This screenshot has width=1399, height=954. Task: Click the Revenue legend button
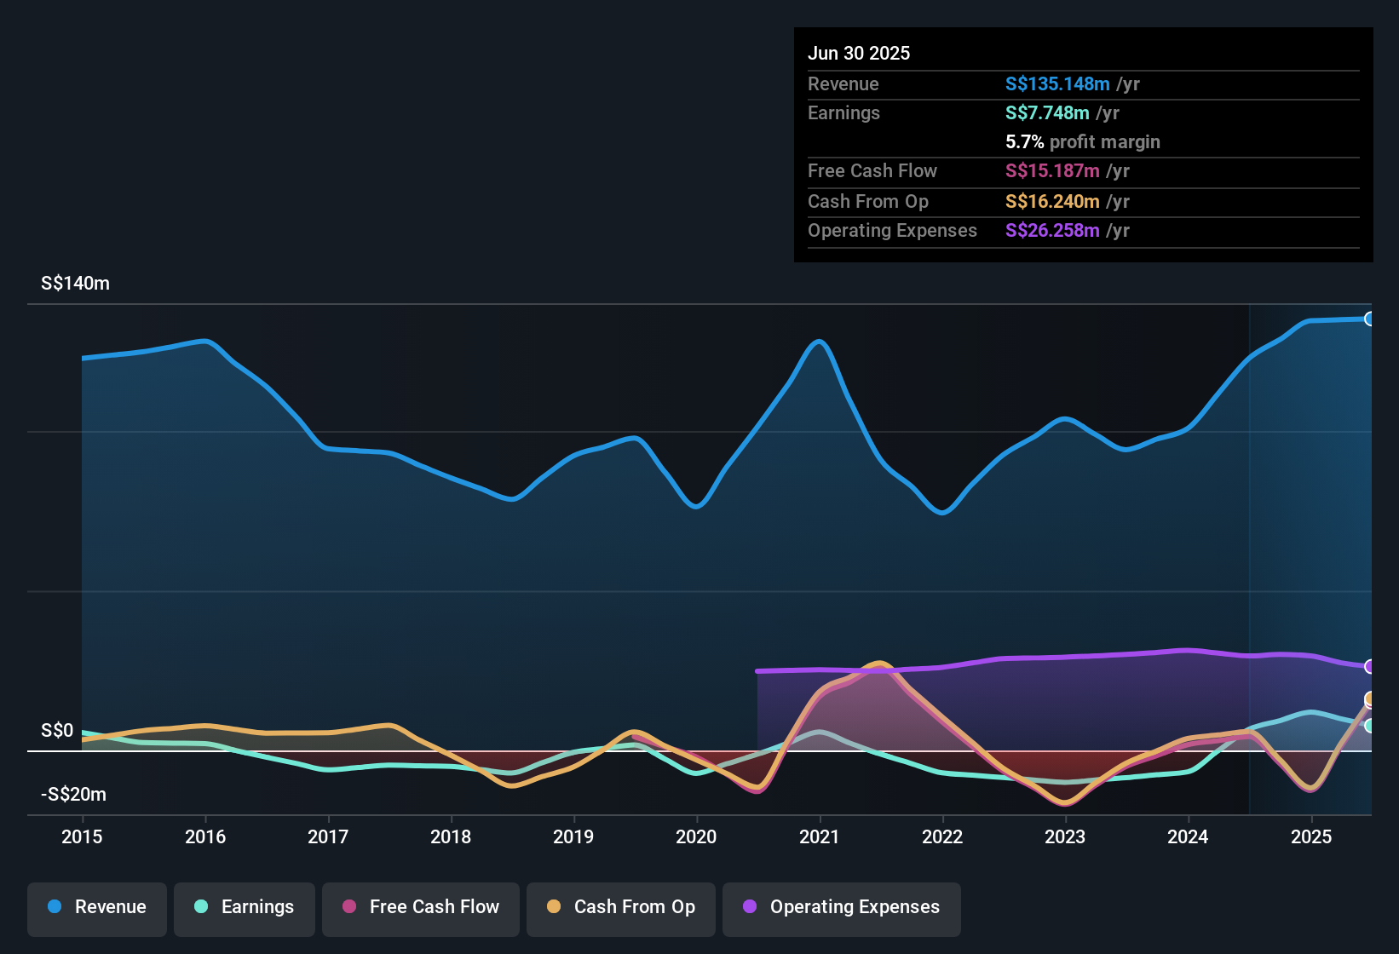tap(97, 907)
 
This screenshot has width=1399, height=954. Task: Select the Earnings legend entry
tap(245, 907)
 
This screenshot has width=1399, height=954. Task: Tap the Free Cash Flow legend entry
tap(421, 907)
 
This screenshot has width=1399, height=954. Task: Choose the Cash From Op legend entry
tap(621, 907)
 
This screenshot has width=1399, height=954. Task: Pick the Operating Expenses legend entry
tap(842, 907)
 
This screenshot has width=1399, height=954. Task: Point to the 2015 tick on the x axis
tap(82, 836)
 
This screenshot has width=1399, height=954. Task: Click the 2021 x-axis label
tap(820, 836)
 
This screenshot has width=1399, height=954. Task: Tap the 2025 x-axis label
tap(1311, 836)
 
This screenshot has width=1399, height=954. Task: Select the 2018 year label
tap(451, 836)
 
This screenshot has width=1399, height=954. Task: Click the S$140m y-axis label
tap(75, 284)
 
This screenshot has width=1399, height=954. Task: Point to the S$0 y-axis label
tap(57, 731)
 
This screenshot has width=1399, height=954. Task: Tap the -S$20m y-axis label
tap(73, 795)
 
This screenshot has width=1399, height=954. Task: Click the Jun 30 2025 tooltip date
tap(859, 54)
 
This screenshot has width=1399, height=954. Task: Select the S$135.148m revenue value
tap(1057, 84)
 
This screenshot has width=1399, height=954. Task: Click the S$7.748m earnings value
tap(1047, 113)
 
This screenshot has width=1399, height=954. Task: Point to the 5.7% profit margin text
tap(1082, 142)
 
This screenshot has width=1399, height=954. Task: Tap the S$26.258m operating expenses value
tap(1052, 231)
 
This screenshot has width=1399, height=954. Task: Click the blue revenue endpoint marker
tap(1369, 319)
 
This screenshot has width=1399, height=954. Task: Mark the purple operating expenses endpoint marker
tap(1369, 666)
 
